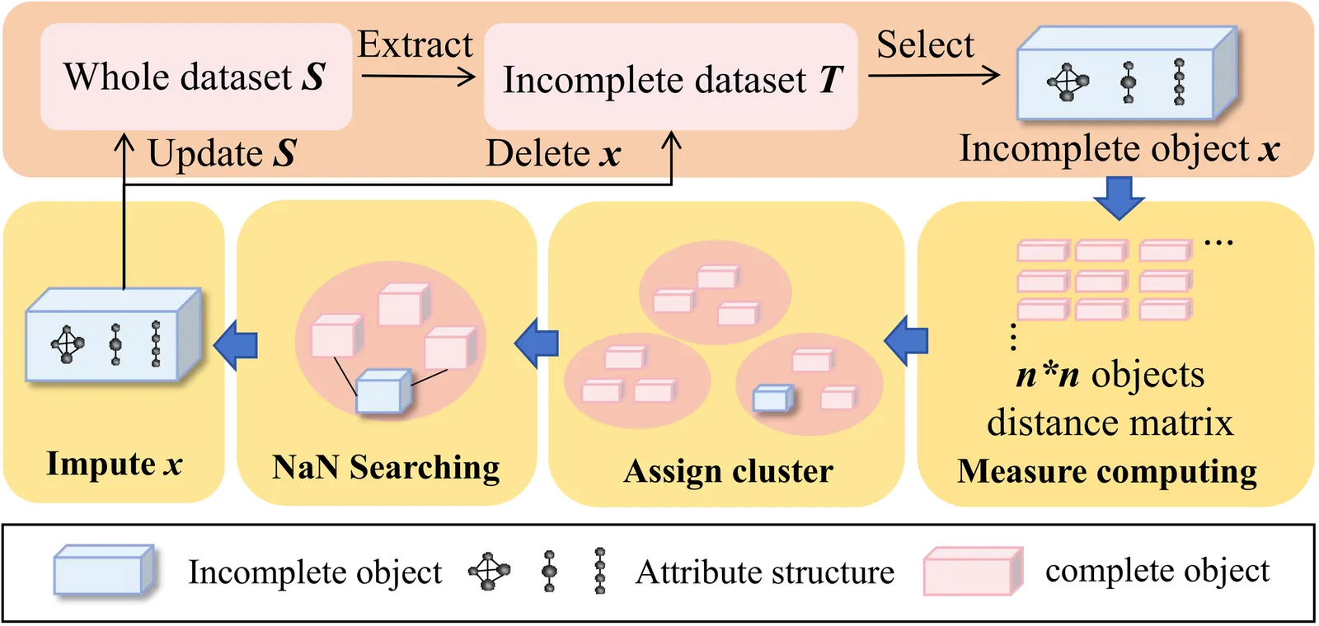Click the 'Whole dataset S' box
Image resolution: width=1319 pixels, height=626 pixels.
196,77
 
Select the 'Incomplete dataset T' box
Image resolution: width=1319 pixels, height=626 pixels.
671,78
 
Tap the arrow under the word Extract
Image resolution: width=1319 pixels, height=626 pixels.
418,77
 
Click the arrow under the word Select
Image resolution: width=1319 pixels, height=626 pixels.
933,76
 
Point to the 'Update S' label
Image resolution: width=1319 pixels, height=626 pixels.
222,153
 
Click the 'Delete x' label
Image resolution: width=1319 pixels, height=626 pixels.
552,153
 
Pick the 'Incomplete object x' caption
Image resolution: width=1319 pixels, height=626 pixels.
1119,149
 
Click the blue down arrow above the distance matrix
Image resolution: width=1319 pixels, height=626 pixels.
1119,198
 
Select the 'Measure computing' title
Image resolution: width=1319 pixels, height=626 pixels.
1107,471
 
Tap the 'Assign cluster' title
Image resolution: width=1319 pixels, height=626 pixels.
728,471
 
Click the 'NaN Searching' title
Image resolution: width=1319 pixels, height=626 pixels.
386,467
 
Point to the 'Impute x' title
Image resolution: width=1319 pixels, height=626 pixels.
114,464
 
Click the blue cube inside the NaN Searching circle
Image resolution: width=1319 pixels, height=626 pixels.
383,391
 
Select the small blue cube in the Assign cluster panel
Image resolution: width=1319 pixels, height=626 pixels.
773,399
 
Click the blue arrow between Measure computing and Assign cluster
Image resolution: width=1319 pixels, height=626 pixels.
906,340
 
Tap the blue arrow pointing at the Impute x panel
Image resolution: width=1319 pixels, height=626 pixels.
236,344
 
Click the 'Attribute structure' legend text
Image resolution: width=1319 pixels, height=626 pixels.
764,572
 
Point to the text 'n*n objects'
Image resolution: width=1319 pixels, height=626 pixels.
1110,375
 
